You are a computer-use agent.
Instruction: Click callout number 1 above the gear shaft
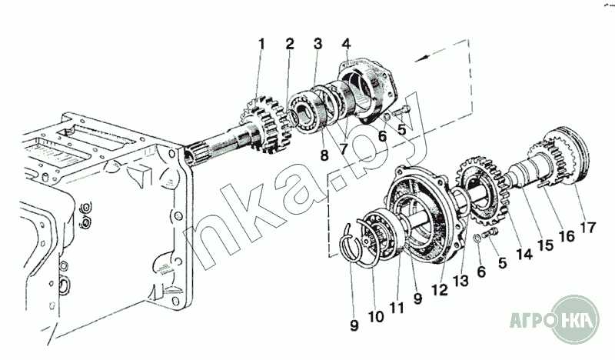[261, 44]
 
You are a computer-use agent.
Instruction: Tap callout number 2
[290, 44]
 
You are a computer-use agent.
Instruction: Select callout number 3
[317, 44]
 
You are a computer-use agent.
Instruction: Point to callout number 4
[346, 44]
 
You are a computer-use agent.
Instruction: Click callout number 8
[324, 155]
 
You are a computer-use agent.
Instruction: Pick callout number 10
[376, 316]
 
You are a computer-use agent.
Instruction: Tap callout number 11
[397, 308]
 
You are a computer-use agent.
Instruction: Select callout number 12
[440, 290]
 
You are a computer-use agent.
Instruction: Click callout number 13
[460, 280]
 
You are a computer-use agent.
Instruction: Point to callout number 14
[524, 254]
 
